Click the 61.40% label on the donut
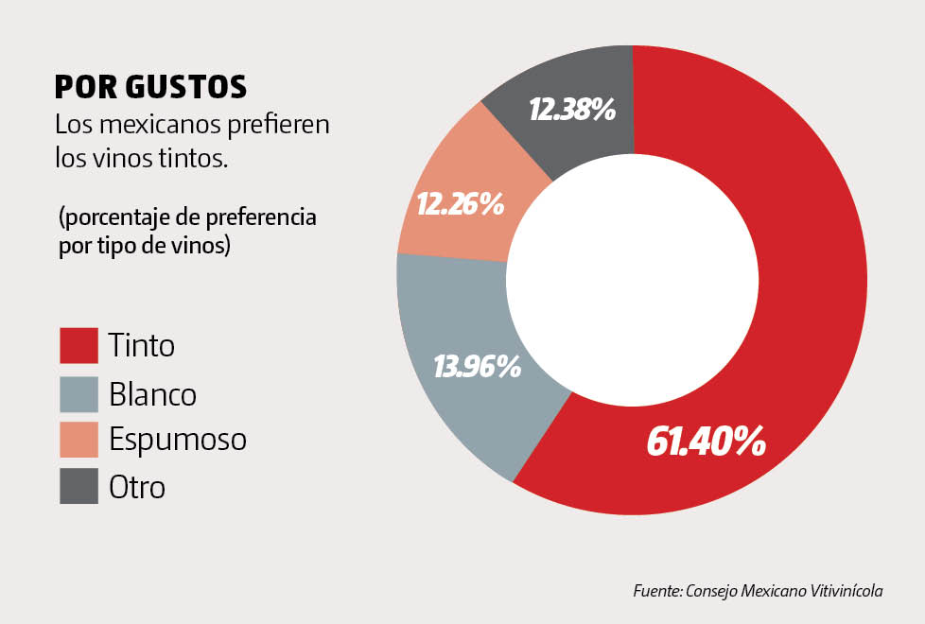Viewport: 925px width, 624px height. click(x=706, y=441)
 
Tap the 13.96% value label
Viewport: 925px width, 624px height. click(x=477, y=366)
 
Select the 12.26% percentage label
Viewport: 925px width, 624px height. click(x=460, y=203)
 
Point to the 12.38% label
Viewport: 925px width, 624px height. click(x=572, y=110)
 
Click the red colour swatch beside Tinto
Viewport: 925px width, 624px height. click(x=79, y=345)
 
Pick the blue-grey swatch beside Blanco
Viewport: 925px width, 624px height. click(x=79, y=394)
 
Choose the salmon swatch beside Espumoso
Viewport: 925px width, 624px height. click(x=79, y=440)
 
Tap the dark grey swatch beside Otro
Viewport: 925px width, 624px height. click(x=79, y=486)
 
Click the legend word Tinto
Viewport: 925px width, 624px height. click(x=141, y=345)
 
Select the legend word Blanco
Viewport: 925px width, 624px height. click(x=152, y=394)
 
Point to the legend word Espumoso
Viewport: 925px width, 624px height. click(x=177, y=441)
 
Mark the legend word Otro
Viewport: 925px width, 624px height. click(x=136, y=487)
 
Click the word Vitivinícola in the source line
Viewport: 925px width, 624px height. click(x=846, y=591)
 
